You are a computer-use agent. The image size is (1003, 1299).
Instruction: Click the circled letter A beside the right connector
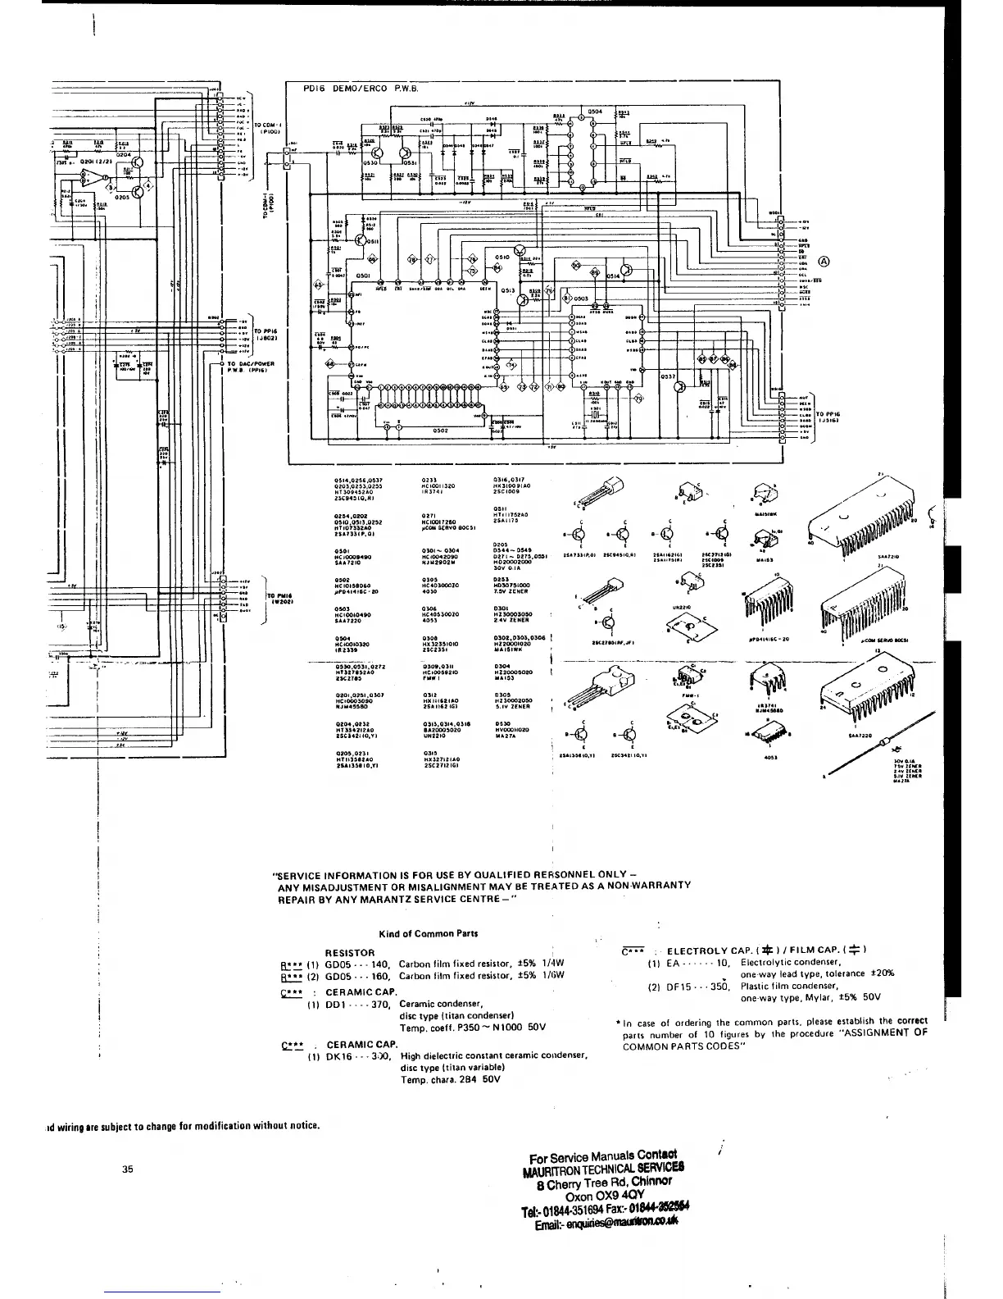[x=824, y=262]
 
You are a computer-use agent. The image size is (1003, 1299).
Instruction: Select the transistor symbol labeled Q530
[x=378, y=153]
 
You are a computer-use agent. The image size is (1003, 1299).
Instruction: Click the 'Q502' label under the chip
[x=441, y=430]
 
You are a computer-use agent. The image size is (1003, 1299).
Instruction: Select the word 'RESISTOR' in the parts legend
[x=351, y=952]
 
